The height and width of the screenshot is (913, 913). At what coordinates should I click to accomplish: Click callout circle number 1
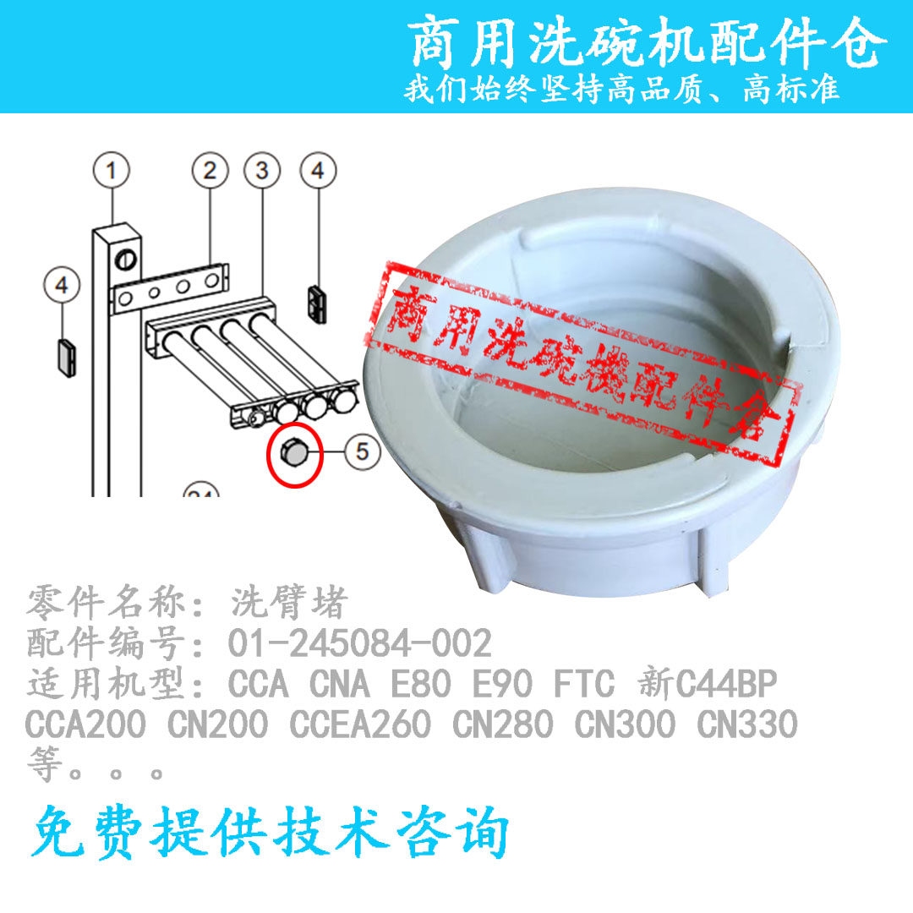[x=112, y=170]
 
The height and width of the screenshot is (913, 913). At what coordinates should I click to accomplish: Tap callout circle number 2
[x=210, y=170]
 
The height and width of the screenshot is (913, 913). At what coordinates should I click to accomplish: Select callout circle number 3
[x=262, y=170]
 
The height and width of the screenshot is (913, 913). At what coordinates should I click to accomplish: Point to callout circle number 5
[x=362, y=451]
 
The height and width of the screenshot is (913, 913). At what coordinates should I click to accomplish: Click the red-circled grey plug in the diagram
[x=295, y=454]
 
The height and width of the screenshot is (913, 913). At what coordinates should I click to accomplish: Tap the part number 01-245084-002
[x=360, y=643]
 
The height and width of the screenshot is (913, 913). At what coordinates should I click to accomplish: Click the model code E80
[x=420, y=684]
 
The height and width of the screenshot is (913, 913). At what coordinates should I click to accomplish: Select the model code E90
[x=502, y=684]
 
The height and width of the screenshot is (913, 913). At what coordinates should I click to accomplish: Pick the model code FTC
[x=583, y=684]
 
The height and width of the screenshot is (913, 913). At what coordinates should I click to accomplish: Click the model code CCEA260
[x=360, y=724]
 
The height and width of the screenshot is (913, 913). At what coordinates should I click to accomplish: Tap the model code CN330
[x=747, y=724]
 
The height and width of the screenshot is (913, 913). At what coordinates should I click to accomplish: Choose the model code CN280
[x=502, y=724]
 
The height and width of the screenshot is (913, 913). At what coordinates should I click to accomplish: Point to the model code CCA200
[x=85, y=724]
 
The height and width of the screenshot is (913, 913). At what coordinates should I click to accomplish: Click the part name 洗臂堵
[x=289, y=602]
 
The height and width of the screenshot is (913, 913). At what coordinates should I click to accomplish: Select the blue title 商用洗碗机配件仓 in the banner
[x=647, y=42]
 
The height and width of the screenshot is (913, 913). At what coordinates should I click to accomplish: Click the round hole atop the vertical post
[x=125, y=260]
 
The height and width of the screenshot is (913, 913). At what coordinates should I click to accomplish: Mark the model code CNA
[x=340, y=684]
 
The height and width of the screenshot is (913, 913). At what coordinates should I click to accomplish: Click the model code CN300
[x=625, y=724]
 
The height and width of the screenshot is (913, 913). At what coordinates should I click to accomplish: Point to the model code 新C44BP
[x=707, y=684]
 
